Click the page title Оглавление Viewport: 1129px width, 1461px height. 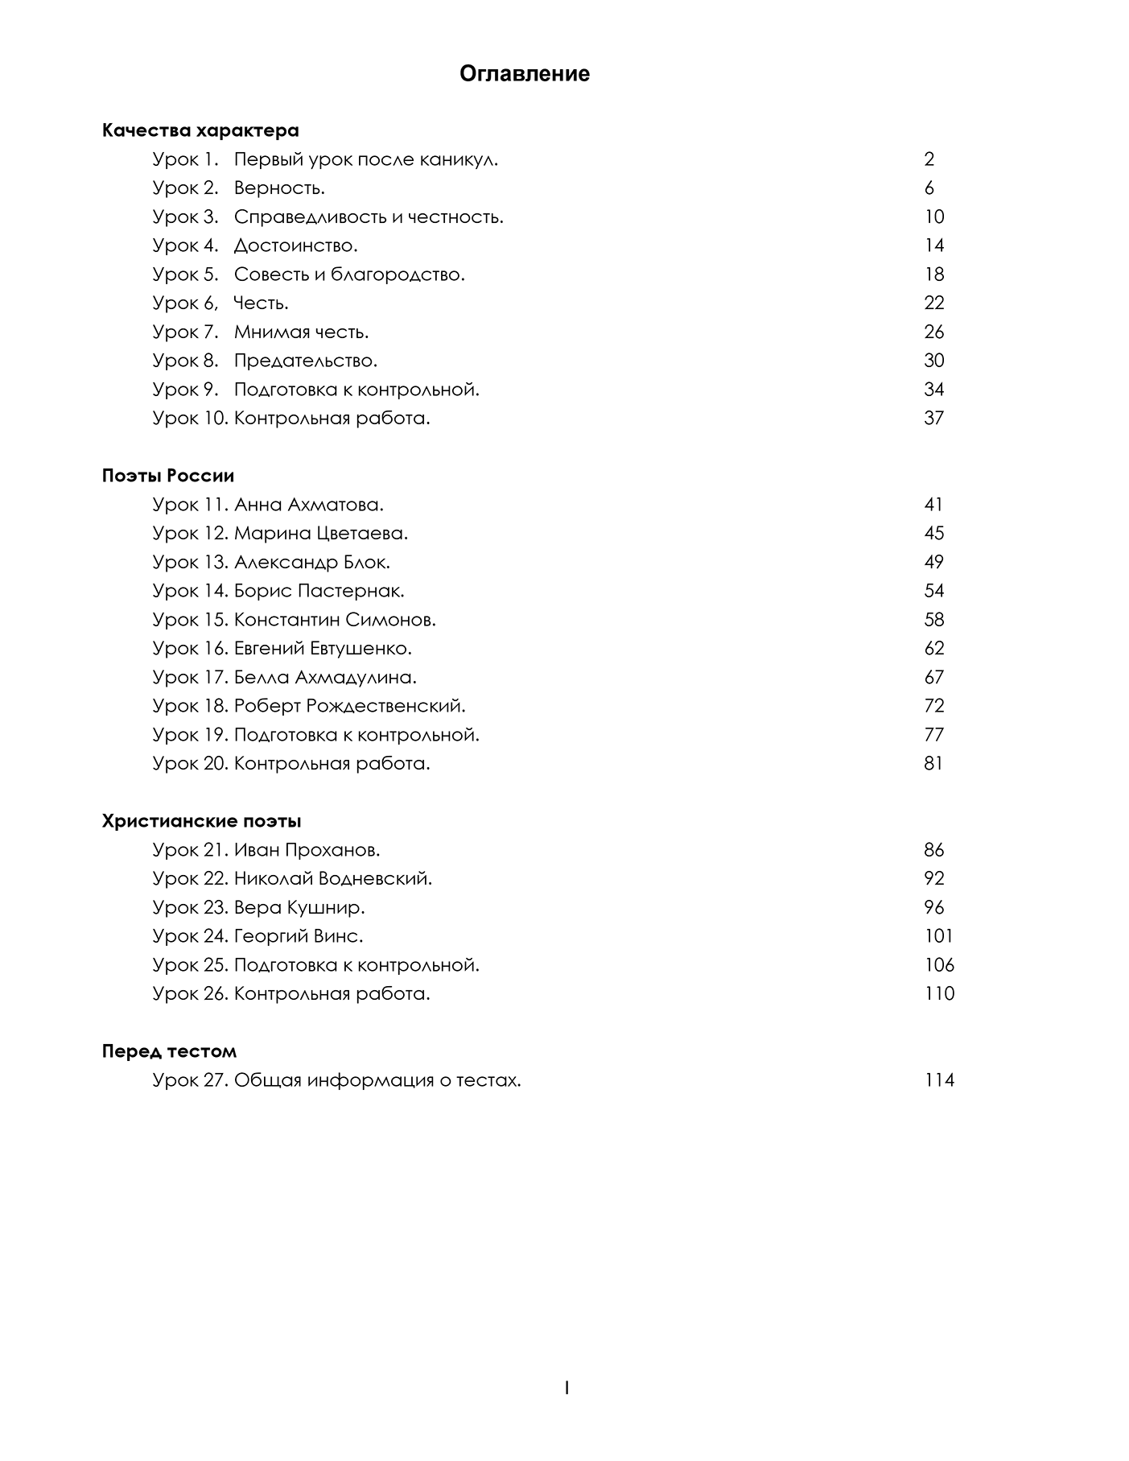tap(524, 74)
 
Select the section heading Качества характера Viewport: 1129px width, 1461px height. tap(200, 130)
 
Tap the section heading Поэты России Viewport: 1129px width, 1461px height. tap(168, 476)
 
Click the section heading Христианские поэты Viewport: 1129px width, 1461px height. tap(201, 821)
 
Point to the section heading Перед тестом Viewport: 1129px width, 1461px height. tap(169, 1051)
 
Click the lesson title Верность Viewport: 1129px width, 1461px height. tap(279, 188)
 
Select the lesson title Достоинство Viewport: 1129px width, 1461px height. tap(295, 246)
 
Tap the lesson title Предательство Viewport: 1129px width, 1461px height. tap(305, 361)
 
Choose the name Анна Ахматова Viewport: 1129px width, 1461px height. tap(308, 505)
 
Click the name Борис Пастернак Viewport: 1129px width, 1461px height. tap(319, 591)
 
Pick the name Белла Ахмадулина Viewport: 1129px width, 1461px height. tap(325, 677)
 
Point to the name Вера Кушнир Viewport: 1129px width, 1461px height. tap(299, 907)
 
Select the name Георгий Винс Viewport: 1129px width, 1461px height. tap(299, 936)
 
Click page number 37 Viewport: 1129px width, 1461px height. tap(933, 418)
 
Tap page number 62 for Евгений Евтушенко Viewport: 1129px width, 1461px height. tap(933, 648)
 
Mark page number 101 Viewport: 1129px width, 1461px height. tap(938, 936)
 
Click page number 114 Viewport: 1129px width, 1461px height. tap(939, 1080)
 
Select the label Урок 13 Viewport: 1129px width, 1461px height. tap(190, 562)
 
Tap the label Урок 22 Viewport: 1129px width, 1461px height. tap(190, 878)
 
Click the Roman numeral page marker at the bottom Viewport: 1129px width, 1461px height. tap(567, 1388)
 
